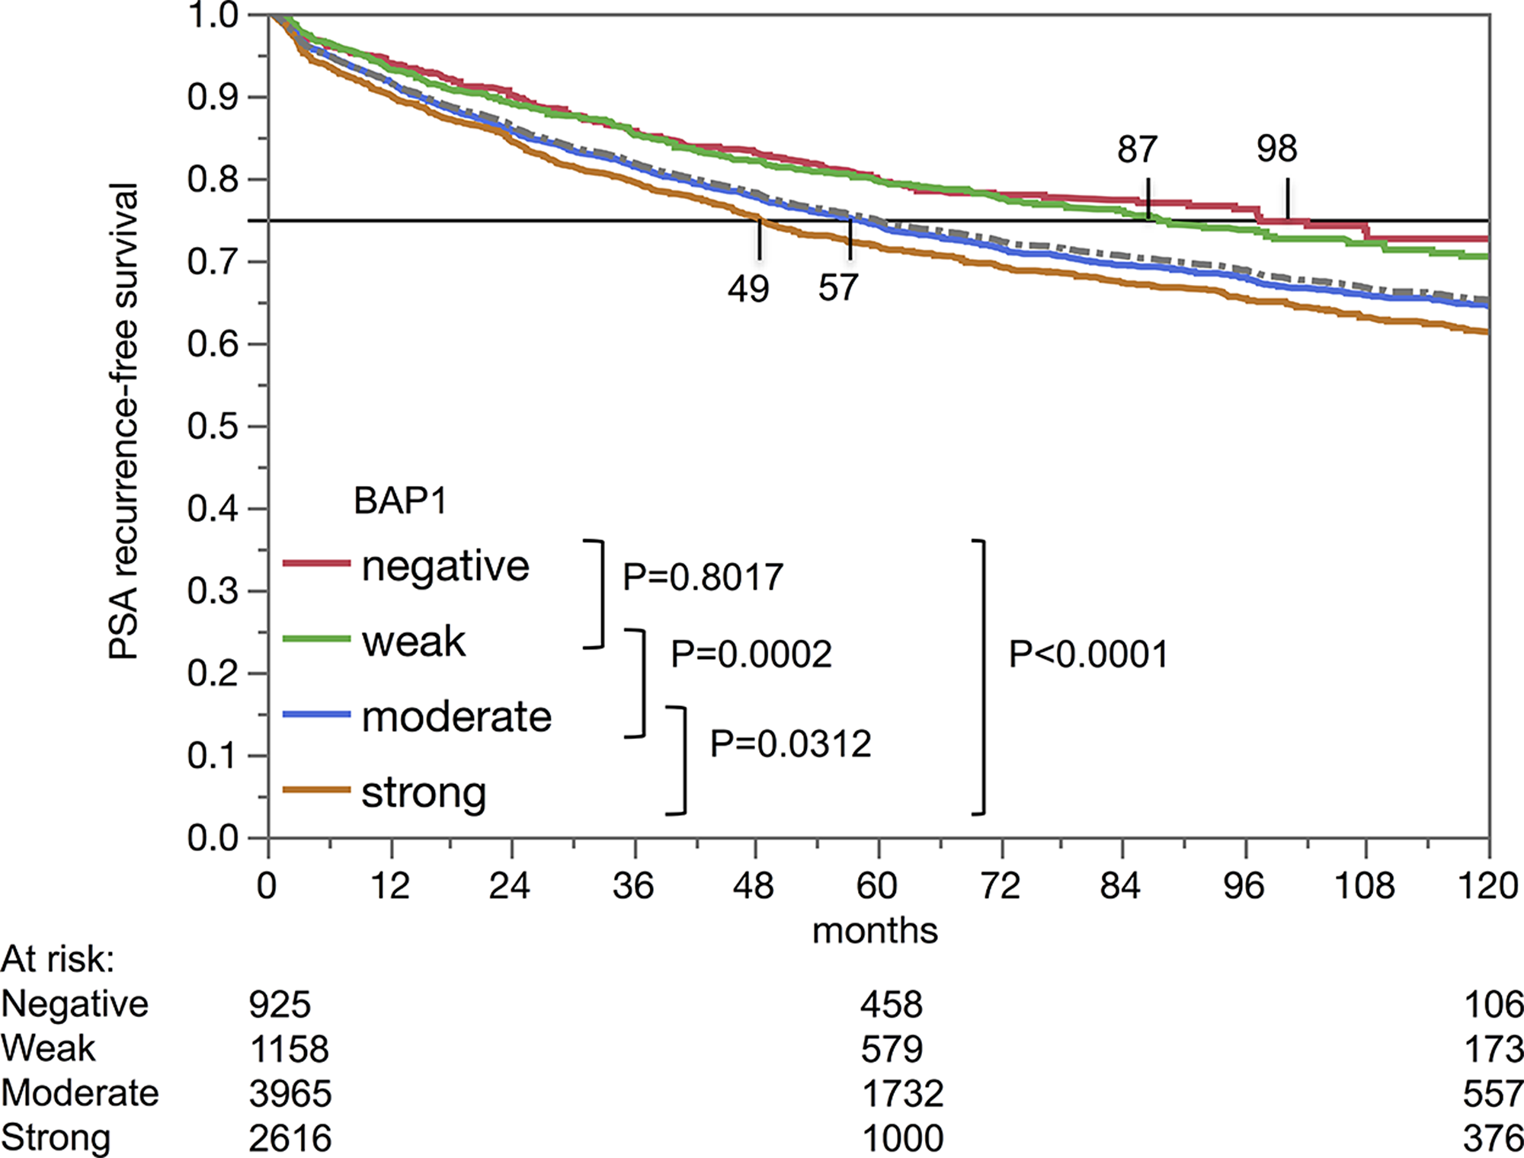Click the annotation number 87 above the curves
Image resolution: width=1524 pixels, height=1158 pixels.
1137,149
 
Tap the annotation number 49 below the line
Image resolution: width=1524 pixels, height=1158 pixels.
748,289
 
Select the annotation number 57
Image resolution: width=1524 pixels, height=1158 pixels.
838,288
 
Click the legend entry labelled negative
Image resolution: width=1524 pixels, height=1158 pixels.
445,566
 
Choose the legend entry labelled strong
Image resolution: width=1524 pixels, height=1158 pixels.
424,792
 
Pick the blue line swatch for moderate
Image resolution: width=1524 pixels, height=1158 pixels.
316,715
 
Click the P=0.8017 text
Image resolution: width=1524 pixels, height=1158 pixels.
703,577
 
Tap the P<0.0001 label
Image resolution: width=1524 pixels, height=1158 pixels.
1087,654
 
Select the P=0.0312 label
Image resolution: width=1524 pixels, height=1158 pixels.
790,744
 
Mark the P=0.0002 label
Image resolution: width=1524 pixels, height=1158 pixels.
751,654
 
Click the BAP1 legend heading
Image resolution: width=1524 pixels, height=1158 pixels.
400,501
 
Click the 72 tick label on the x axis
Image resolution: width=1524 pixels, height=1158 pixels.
1000,885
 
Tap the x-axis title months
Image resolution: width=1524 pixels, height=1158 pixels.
875,930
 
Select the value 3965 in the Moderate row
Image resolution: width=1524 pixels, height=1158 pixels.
290,1094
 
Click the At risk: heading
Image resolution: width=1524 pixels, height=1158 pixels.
57,959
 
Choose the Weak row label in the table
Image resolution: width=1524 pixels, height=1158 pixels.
48,1049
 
